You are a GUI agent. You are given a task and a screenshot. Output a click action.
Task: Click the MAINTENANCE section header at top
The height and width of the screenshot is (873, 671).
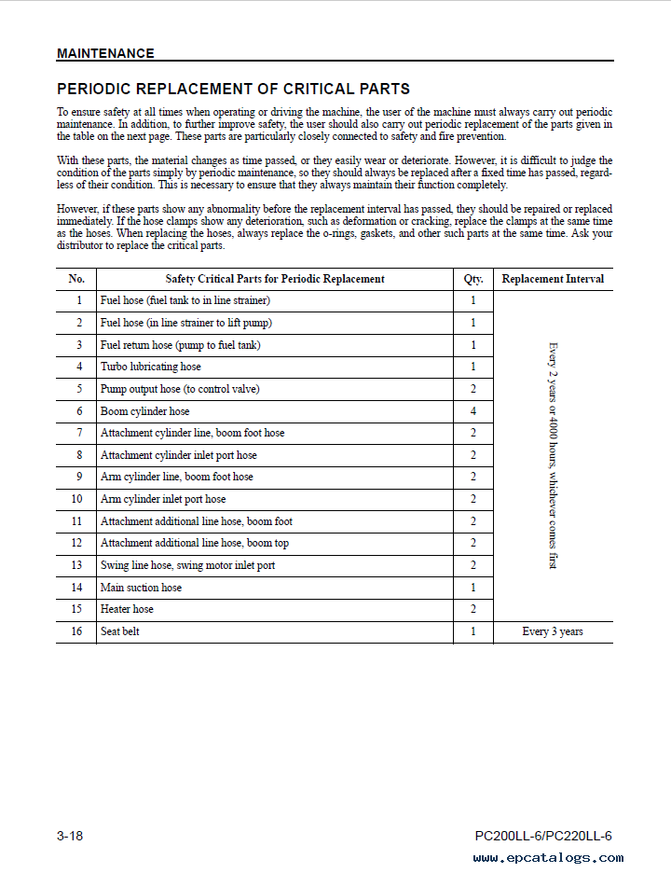click(x=105, y=53)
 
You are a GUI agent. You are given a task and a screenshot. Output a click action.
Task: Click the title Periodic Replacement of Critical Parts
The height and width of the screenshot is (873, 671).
click(x=233, y=90)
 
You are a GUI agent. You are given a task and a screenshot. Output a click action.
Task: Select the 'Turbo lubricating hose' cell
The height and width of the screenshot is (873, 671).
click(x=150, y=367)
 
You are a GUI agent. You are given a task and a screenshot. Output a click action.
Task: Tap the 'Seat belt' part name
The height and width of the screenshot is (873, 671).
click(x=119, y=632)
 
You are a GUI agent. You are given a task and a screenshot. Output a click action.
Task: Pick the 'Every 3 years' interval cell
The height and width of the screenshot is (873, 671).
click(x=553, y=632)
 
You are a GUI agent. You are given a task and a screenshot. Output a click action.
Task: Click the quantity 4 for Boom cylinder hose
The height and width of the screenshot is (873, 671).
click(x=473, y=411)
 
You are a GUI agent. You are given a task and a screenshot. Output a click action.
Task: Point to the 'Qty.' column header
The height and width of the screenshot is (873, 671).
click(x=473, y=279)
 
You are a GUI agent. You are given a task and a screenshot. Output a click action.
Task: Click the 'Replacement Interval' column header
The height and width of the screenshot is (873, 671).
click(x=553, y=279)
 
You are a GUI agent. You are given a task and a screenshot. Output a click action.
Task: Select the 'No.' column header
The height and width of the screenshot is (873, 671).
click(x=76, y=279)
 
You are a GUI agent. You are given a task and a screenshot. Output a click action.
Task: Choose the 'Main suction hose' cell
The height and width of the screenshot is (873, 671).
click(x=141, y=588)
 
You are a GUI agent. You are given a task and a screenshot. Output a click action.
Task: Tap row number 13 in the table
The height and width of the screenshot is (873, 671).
click(x=76, y=566)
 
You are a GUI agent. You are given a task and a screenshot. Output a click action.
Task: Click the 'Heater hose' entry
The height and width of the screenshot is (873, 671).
click(x=127, y=610)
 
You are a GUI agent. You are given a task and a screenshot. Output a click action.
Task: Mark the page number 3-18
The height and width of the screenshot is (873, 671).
click(x=70, y=837)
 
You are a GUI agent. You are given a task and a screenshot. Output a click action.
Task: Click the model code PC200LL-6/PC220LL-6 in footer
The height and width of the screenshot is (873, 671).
click(x=543, y=837)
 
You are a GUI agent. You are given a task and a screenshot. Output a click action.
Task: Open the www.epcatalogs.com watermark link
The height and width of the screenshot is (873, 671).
click(x=548, y=858)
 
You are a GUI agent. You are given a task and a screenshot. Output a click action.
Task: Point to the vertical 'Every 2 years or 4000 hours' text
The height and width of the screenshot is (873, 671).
click(x=553, y=455)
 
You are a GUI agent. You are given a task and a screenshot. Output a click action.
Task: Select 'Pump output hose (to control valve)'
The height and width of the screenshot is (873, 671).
click(x=180, y=389)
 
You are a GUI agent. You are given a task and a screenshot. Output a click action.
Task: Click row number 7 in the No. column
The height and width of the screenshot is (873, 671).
click(x=79, y=434)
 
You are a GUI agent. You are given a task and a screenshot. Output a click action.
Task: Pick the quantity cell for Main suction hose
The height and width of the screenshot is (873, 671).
click(x=473, y=588)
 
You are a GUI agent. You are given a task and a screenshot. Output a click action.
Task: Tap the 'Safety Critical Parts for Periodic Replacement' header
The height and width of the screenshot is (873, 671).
click(x=275, y=279)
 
